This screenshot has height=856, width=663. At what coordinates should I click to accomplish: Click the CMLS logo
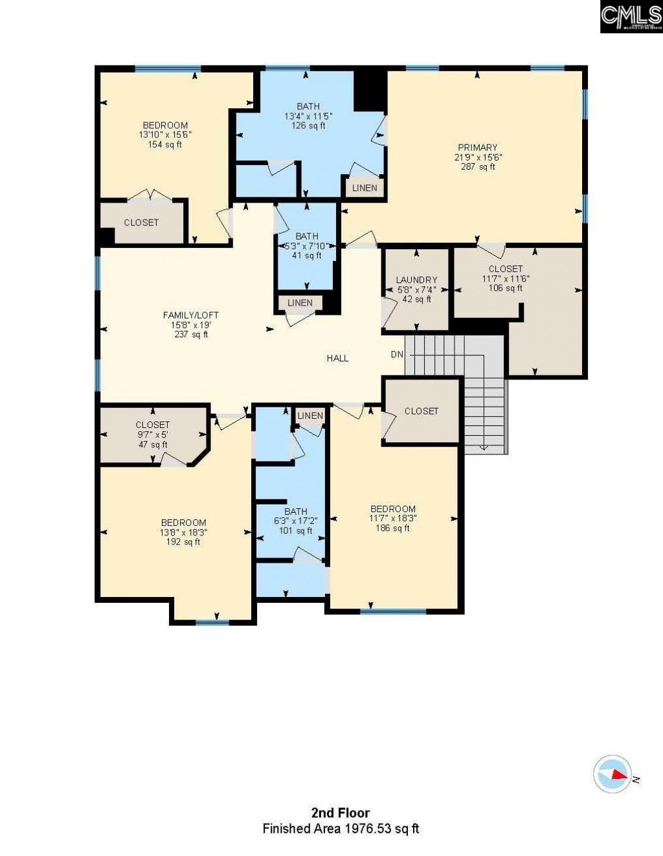click(631, 16)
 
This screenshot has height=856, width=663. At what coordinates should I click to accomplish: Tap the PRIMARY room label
click(477, 148)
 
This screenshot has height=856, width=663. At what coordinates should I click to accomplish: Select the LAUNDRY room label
click(416, 280)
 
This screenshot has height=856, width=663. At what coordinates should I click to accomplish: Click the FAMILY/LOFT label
click(186, 315)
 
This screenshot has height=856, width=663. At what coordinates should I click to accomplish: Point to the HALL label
click(337, 358)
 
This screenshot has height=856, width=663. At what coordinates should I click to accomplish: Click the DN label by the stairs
click(396, 354)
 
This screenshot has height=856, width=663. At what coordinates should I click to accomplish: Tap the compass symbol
click(612, 774)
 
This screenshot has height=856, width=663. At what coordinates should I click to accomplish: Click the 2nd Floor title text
click(341, 813)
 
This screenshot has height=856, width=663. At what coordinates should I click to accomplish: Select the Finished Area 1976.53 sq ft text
click(341, 828)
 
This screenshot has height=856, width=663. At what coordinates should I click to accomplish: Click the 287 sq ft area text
click(477, 166)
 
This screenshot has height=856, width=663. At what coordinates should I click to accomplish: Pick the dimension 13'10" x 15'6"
click(165, 135)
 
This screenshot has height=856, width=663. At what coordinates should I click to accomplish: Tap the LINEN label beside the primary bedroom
click(365, 188)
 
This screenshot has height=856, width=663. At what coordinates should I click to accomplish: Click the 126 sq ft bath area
click(308, 126)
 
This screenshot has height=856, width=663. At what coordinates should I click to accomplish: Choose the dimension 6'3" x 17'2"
click(295, 521)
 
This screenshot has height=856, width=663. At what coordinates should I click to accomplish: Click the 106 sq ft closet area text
click(505, 288)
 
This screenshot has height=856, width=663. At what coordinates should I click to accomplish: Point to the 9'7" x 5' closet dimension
click(153, 435)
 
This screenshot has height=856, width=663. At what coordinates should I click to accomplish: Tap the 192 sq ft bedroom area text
click(183, 542)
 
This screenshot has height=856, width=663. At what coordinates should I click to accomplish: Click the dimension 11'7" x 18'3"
click(392, 519)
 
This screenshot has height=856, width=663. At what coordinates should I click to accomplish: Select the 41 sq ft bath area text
click(307, 256)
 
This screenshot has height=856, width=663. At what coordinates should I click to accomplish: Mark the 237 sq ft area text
click(191, 335)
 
